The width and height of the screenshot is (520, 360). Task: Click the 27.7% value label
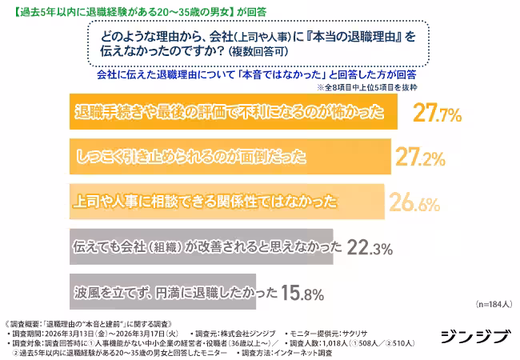(437, 114)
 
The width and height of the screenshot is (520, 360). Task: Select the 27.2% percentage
(420, 158)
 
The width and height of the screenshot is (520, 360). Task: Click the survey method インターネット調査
(324, 351)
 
